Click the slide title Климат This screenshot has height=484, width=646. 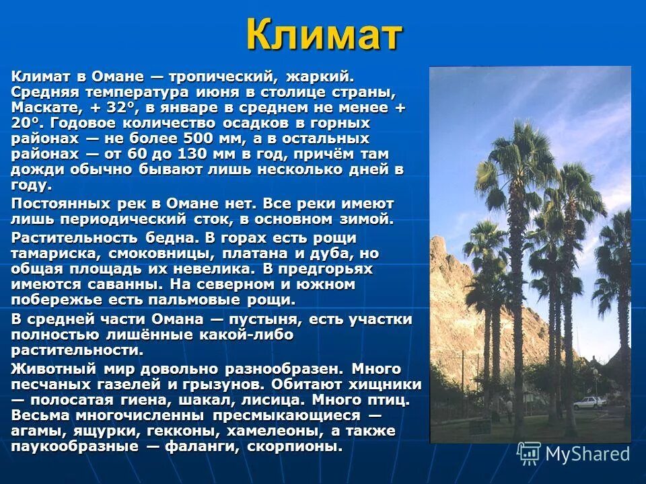(324, 35)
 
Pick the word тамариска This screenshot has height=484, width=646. (47, 254)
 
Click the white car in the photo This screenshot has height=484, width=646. (587, 403)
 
